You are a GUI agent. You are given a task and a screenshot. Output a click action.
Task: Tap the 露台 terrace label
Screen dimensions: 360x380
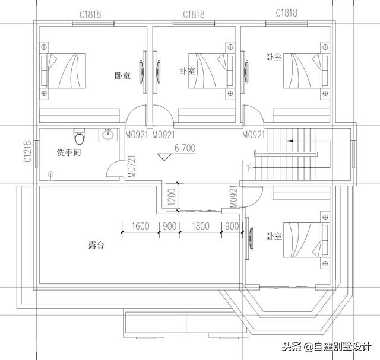click(96, 244)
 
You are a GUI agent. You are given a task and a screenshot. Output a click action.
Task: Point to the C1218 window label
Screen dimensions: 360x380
click(27, 152)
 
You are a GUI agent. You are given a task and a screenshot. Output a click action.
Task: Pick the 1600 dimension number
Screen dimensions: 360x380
click(140, 226)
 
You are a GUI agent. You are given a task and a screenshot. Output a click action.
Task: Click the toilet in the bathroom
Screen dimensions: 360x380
click(78, 136)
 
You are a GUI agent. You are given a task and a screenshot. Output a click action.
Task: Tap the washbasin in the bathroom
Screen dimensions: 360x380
click(108, 135)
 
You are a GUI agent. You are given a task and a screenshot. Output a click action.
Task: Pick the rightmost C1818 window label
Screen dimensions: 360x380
click(287, 12)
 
